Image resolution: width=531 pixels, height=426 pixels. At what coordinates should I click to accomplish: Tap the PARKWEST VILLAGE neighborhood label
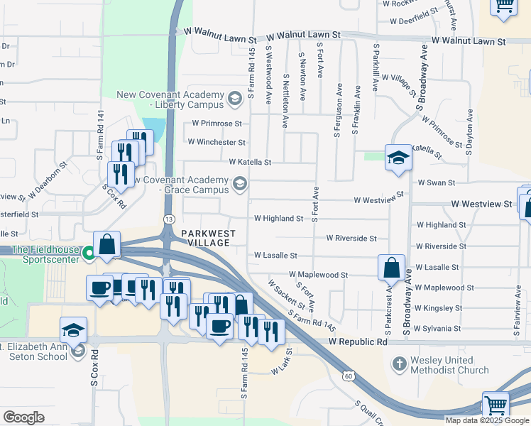tap(205, 237)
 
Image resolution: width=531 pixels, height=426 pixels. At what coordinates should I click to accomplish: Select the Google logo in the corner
tap(23, 417)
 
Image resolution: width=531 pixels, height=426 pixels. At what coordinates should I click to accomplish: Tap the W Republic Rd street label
tap(358, 342)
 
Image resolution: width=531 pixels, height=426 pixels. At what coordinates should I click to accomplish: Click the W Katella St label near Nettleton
tap(250, 162)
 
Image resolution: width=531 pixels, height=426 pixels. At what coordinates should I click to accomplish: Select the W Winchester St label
tap(217, 142)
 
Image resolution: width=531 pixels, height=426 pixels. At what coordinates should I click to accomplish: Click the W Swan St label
tap(436, 182)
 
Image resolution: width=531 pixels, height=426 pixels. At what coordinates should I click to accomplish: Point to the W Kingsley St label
tap(438, 308)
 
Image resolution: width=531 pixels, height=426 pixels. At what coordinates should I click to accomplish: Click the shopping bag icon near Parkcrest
tap(391, 268)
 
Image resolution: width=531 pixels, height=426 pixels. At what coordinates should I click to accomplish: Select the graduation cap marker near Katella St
tap(398, 158)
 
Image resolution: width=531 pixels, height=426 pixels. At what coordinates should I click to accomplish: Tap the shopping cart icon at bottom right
tap(496, 405)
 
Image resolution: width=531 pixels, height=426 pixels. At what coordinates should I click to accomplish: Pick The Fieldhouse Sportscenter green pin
tap(89, 253)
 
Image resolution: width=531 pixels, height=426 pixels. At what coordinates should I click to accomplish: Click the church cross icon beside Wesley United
tap(400, 364)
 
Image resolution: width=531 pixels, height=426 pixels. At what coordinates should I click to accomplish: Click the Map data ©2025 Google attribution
tap(487, 420)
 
